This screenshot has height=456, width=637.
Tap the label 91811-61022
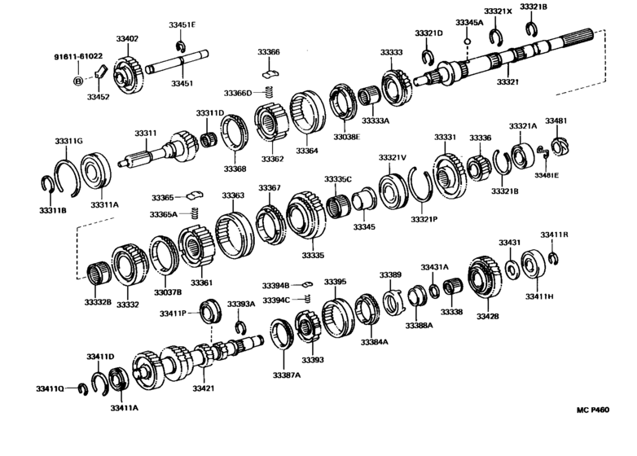pyautogui.click(x=78, y=56)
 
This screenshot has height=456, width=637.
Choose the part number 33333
pyautogui.click(x=391, y=52)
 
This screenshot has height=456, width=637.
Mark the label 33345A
pyautogui.click(x=469, y=23)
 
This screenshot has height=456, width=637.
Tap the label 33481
pyautogui.click(x=556, y=121)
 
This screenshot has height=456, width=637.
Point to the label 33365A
pyautogui.click(x=163, y=214)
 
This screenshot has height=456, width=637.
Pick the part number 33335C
pyautogui.click(x=338, y=179)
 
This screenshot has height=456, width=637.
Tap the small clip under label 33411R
pyautogui.click(x=553, y=259)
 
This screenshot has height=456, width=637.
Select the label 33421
pyautogui.click(x=203, y=389)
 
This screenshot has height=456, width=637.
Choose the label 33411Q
pyautogui.click(x=49, y=389)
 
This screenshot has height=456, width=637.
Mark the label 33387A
pyautogui.click(x=286, y=375)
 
